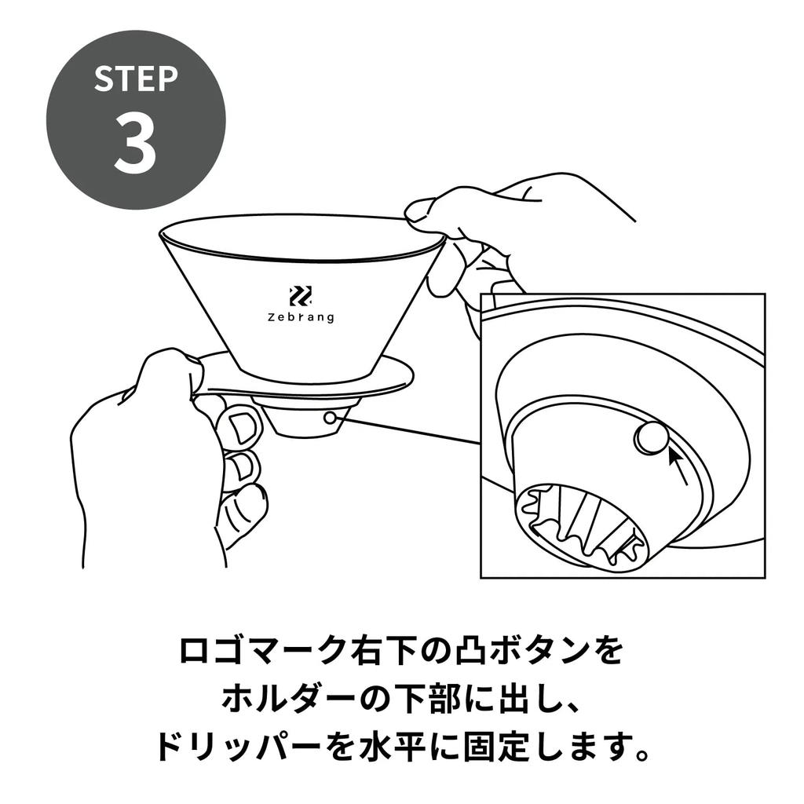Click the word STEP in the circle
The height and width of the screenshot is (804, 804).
136,79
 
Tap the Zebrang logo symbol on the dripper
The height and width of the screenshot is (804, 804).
300,295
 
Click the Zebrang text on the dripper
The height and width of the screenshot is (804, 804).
300,317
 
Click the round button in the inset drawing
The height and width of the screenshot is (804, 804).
651,437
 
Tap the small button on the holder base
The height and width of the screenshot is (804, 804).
331,418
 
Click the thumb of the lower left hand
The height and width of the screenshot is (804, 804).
169,367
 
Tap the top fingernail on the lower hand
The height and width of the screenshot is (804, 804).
241,427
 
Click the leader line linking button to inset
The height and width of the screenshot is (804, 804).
408,431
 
